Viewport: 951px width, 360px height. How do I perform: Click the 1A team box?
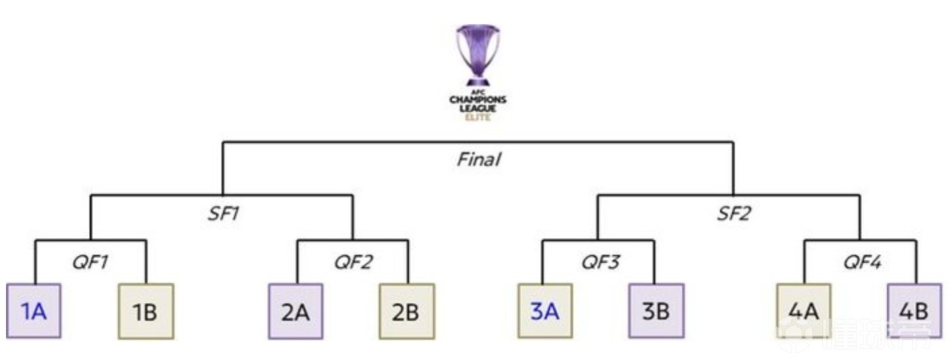[34, 311]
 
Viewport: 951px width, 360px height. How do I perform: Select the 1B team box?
[145, 311]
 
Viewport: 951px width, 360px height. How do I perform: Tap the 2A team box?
[296, 311]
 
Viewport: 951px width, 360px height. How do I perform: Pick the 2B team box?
[407, 311]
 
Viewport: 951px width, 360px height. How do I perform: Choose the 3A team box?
[545, 311]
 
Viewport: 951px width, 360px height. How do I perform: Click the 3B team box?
[656, 311]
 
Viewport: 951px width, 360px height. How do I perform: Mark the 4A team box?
[805, 311]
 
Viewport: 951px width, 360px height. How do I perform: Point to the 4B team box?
[914, 311]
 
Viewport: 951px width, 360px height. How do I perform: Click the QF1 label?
[91, 262]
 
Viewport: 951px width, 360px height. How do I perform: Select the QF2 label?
[353, 262]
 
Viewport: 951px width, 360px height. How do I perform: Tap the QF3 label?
[600, 262]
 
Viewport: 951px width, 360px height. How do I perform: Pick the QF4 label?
[861, 262]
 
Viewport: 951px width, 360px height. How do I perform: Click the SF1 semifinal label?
[223, 215]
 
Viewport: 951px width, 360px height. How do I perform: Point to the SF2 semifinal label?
[735, 215]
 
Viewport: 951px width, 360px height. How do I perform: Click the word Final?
[478, 160]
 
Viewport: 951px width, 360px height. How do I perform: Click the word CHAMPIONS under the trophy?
[478, 100]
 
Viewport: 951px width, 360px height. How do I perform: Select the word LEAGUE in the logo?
[478, 108]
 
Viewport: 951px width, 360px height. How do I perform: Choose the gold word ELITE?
[478, 117]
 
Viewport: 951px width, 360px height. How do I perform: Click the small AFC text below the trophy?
[478, 93]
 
